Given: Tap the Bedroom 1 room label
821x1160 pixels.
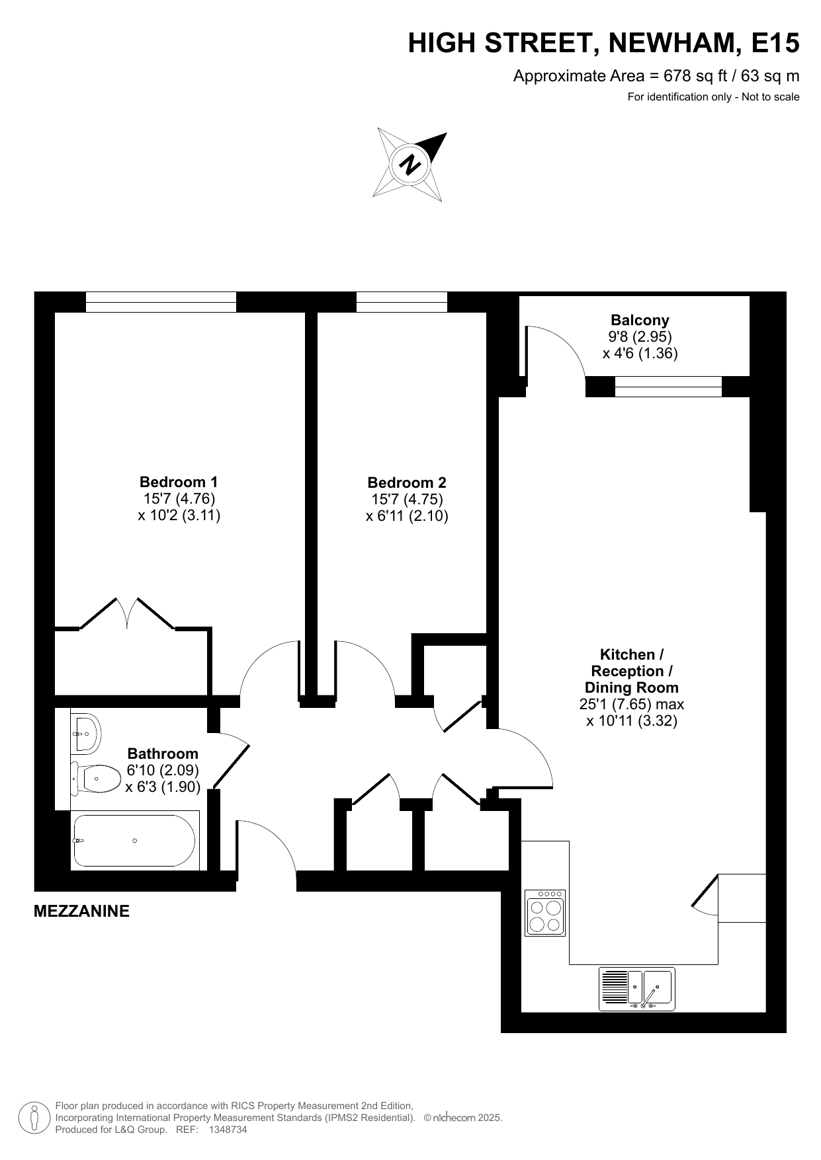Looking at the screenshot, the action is pos(179,498).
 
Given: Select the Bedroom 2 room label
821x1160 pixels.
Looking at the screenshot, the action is pos(407,499).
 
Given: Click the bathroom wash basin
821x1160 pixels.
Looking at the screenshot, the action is pos(85,732).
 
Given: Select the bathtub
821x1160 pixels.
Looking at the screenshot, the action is pos(135,840).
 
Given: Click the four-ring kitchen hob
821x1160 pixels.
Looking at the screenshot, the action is pos(545,912).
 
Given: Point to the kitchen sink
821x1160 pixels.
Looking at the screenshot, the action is pos(636,989).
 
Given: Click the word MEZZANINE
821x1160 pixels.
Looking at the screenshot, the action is pos(81,911).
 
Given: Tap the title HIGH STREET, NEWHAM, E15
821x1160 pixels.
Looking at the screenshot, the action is pos(603,44).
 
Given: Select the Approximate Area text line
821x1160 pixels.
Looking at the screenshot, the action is pos(656,76).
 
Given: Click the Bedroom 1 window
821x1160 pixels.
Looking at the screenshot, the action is pos(161,302).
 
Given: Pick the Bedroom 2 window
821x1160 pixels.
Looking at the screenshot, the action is pos(402,302).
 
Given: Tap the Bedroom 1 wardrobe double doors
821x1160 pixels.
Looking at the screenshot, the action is pos(127,614).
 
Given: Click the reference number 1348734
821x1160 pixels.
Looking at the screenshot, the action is pos(228,1130).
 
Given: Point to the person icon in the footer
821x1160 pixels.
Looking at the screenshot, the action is pos(33,1117).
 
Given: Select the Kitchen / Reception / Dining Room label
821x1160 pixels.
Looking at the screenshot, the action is pos(632,687).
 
